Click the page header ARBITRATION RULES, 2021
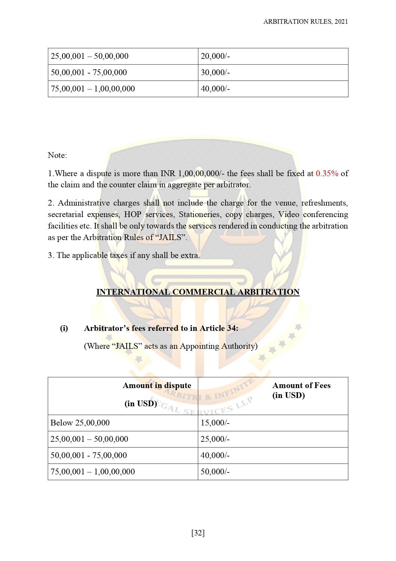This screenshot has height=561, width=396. (x=305, y=22)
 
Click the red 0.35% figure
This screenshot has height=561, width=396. (x=327, y=174)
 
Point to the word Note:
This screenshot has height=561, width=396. (x=57, y=155)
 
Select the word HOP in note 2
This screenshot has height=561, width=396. (x=133, y=214)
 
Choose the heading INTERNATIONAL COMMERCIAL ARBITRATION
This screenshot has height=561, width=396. (x=198, y=292)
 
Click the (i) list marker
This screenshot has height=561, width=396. (x=64, y=328)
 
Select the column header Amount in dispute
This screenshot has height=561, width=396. (x=157, y=386)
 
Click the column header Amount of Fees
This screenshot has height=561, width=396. (x=301, y=386)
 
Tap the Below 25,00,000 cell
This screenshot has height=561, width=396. (x=80, y=423)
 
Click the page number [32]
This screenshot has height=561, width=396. (x=198, y=533)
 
